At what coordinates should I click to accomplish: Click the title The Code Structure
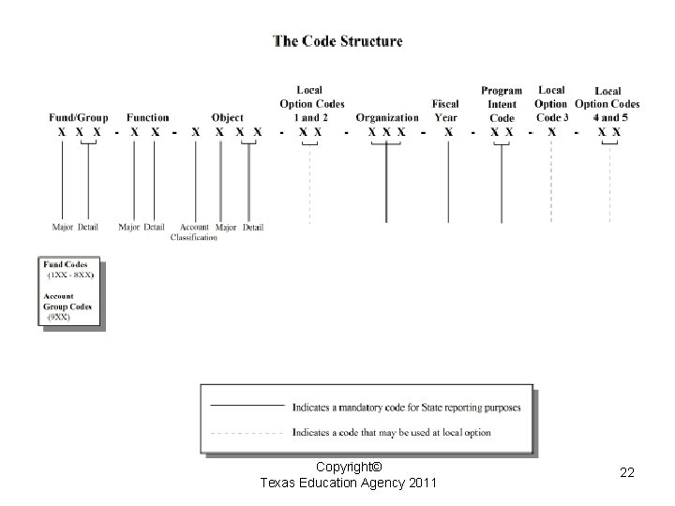pos(337,41)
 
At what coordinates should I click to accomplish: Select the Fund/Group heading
pos(79,118)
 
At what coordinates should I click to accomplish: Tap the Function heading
pos(147,118)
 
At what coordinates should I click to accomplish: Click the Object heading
pos(227,118)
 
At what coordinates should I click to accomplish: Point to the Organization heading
pos(387,118)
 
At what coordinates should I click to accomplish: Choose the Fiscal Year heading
pos(445,111)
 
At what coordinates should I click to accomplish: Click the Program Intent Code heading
pos(502,104)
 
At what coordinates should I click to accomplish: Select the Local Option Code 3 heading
pos(551,103)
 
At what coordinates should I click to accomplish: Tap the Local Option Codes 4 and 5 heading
pos(607,104)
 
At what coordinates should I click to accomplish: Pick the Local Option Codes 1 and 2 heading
pos(312,103)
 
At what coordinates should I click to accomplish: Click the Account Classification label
pos(194,232)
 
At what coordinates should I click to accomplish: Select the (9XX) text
pos(59,318)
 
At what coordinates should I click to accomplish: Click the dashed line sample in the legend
pos(247,433)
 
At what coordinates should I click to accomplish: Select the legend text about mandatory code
pos(406,407)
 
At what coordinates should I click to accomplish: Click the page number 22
pos(627,474)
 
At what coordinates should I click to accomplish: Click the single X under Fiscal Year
pos(448,133)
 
